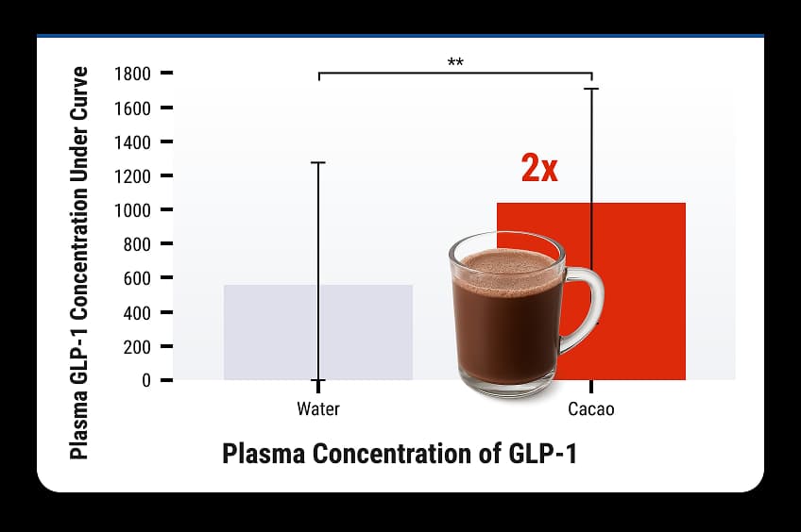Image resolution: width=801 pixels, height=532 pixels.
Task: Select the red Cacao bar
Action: click(639, 291)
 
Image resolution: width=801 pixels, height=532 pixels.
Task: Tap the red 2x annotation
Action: click(539, 168)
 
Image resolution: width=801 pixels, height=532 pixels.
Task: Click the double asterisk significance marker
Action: click(455, 62)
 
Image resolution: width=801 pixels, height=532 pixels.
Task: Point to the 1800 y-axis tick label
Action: click(132, 74)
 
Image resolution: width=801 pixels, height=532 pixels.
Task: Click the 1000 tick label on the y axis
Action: click(132, 210)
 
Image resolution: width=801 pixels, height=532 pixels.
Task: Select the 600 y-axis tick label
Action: click(137, 278)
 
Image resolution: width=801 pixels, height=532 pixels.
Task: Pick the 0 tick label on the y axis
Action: click(146, 380)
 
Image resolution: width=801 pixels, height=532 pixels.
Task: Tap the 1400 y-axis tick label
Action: click(132, 142)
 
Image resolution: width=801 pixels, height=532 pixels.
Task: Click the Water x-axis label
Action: click(318, 409)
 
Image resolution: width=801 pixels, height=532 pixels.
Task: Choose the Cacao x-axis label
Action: click(591, 409)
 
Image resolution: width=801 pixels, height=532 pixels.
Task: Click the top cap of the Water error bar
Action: click(317, 162)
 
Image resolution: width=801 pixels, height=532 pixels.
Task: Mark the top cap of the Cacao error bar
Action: click(591, 89)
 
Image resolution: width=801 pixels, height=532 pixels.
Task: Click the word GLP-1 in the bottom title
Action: click(542, 453)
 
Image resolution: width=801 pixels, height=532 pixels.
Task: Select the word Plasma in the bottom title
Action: click(264, 453)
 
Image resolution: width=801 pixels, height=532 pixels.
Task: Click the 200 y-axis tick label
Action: click(137, 347)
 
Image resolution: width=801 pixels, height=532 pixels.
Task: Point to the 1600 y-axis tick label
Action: click(132, 108)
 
